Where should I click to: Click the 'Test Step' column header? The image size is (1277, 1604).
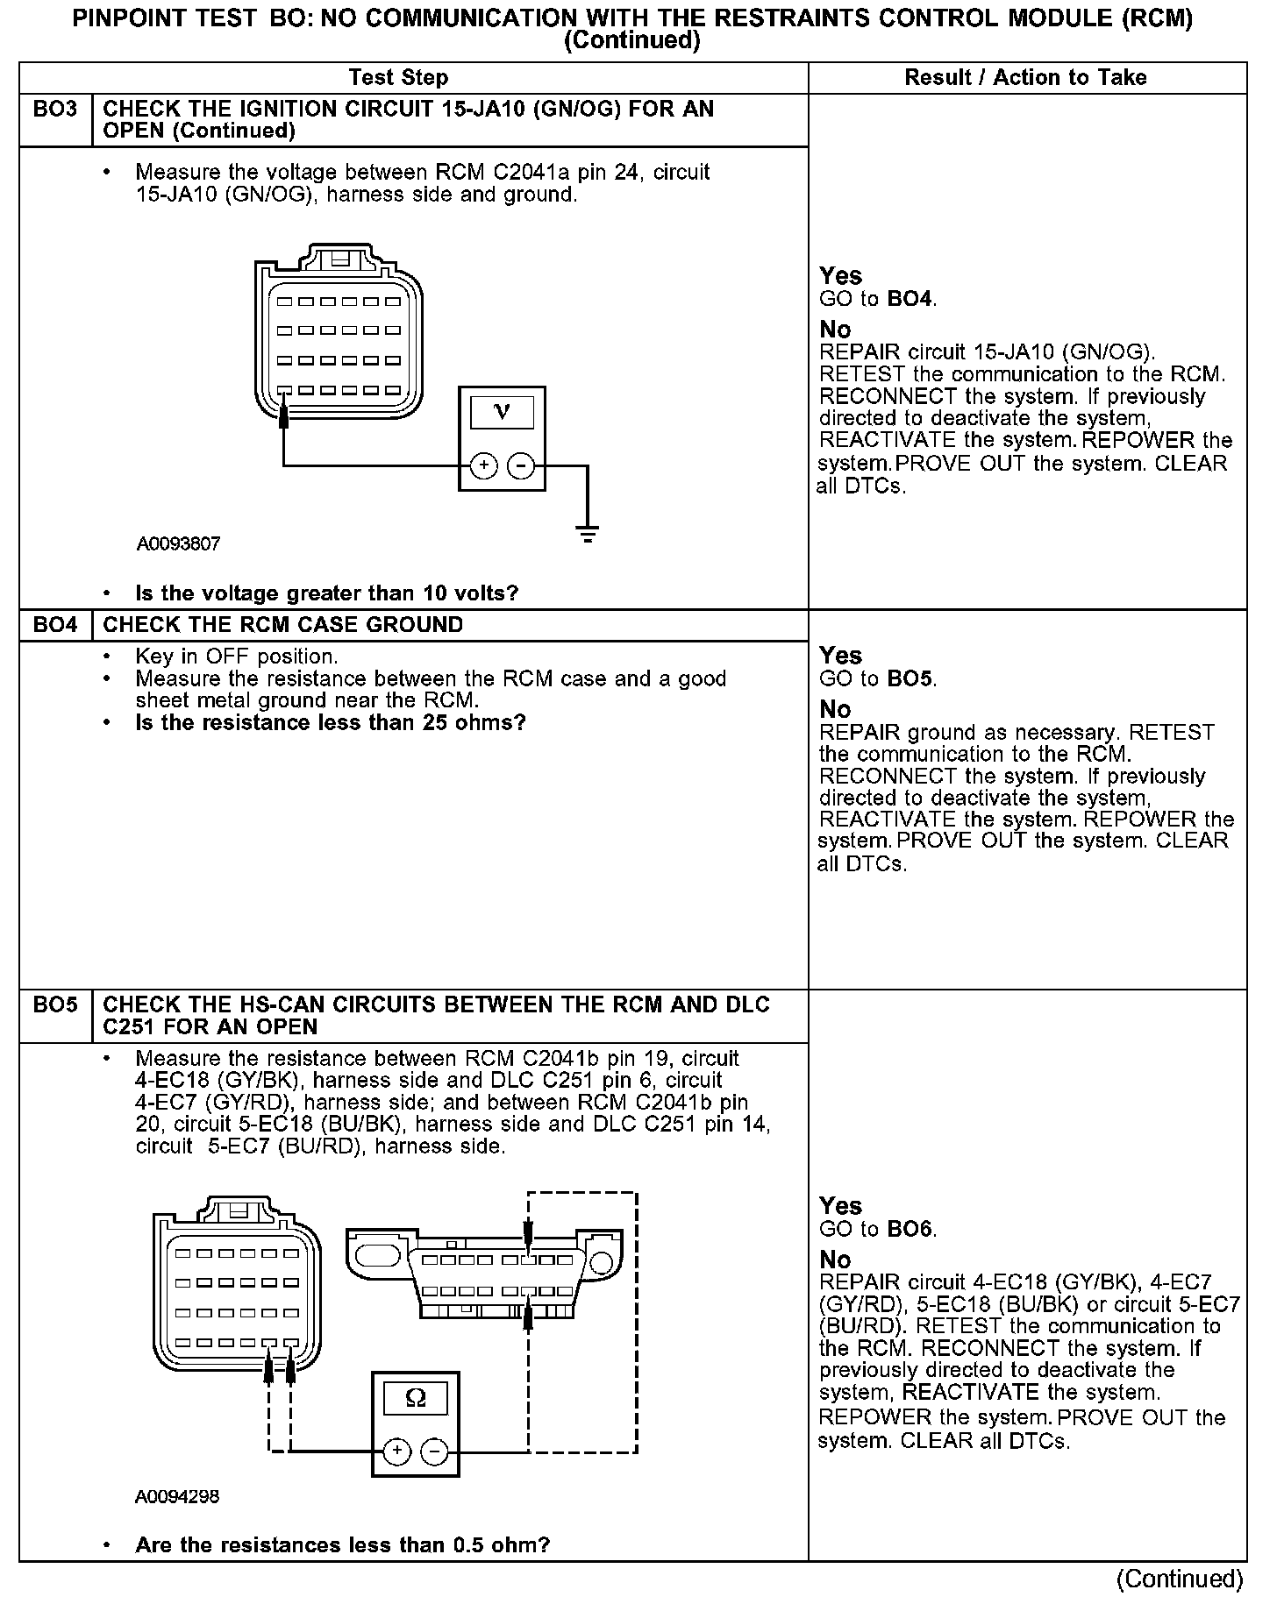(x=398, y=77)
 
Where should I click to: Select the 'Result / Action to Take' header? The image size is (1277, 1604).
(x=1025, y=77)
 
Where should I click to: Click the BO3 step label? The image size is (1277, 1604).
(x=54, y=110)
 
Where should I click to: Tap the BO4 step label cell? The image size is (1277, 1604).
(x=54, y=625)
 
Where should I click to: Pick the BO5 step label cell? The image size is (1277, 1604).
(x=54, y=1005)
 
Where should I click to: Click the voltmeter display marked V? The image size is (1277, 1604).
(x=502, y=411)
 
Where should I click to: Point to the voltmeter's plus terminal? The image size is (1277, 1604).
(x=484, y=465)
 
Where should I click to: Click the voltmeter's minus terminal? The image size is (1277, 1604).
(x=521, y=465)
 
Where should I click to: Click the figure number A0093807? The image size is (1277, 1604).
(x=178, y=543)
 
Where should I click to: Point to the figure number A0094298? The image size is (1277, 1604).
(x=177, y=1497)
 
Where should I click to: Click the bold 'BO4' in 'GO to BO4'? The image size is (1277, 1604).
(x=910, y=299)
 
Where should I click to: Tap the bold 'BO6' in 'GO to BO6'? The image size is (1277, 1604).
(x=910, y=1229)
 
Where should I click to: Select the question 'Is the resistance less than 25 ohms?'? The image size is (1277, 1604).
(x=330, y=723)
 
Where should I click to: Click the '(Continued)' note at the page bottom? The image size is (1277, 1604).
(x=1180, y=1579)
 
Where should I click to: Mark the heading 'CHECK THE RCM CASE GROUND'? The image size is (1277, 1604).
(x=282, y=625)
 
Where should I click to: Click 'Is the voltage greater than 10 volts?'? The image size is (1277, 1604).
(x=326, y=593)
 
